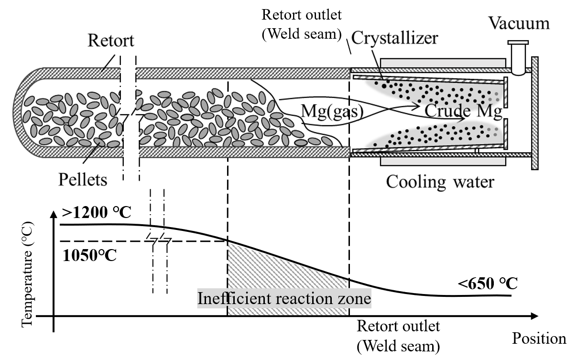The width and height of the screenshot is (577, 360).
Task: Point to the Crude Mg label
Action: pyautogui.click(x=463, y=111)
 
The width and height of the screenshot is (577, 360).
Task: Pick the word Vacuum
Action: pyautogui.click(x=519, y=23)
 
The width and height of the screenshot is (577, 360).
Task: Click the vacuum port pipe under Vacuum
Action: pyautogui.click(x=517, y=57)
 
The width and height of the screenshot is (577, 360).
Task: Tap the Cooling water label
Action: pyautogui.click(x=439, y=182)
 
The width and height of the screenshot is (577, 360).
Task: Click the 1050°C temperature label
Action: pyautogui.click(x=89, y=255)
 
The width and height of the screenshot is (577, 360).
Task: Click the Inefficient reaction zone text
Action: pyautogui.click(x=284, y=299)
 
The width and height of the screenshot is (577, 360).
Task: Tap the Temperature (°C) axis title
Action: pyautogui.click(x=28, y=273)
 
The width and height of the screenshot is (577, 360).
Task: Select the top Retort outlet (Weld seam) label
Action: pyautogui.click(x=302, y=22)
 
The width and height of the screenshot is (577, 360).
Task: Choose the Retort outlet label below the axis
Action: pyautogui.click(x=398, y=336)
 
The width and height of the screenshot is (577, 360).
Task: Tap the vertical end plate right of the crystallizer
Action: pyautogui.click(x=535, y=112)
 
